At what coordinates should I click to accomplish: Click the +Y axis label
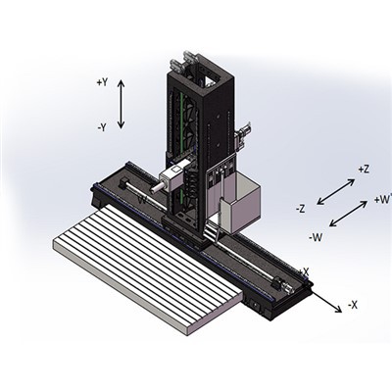tap(102, 82)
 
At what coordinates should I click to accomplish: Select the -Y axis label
tap(102, 127)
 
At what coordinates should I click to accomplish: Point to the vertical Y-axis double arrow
tap(121, 105)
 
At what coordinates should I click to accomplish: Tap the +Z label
tap(364, 169)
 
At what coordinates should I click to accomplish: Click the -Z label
tap(301, 208)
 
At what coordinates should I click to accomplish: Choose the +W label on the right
tap(382, 200)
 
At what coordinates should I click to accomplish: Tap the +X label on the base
tap(304, 271)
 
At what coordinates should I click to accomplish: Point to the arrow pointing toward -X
tap(326, 297)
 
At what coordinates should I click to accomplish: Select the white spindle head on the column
tap(169, 178)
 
